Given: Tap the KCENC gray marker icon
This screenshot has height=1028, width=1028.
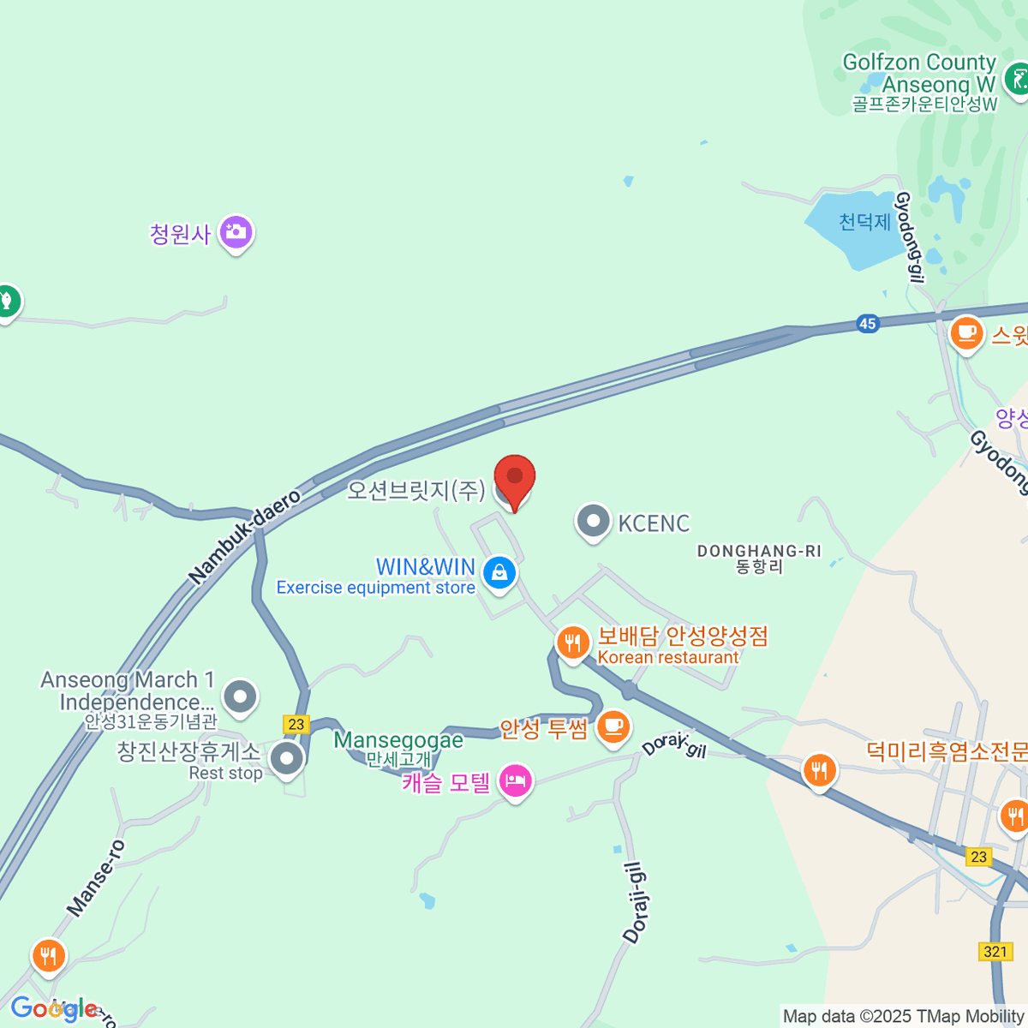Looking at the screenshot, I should (x=593, y=521).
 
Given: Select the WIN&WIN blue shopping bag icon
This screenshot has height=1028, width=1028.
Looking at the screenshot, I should (x=499, y=571).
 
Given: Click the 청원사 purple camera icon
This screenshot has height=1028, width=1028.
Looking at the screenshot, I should (x=236, y=231).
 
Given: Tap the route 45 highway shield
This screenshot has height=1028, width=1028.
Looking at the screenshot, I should (x=868, y=324).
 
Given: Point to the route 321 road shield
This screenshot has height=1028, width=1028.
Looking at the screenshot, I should (x=995, y=952).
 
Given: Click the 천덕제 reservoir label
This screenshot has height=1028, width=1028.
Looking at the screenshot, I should (x=864, y=222).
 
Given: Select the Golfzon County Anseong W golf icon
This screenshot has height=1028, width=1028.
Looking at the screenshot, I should (x=1017, y=80).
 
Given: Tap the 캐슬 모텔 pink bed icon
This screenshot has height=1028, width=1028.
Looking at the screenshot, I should (x=515, y=780).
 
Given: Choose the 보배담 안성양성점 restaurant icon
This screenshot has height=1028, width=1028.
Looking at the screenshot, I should (x=572, y=642).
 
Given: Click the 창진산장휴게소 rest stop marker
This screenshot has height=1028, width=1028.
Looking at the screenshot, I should (x=286, y=758).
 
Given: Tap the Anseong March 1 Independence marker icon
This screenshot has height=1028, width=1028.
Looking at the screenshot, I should (x=240, y=696).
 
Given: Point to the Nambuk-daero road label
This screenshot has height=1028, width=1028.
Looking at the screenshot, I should (x=245, y=537).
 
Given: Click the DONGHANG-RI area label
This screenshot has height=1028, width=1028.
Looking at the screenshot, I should (x=759, y=551).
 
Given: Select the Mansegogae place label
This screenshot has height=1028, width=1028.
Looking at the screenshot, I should (x=398, y=740).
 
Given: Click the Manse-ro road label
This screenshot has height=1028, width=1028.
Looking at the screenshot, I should (x=96, y=878).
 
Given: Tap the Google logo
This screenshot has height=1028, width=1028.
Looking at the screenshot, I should (x=53, y=1009).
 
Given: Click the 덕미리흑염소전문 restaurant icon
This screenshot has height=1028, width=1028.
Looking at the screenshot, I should (x=820, y=769).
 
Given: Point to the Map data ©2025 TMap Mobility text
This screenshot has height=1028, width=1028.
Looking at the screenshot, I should (x=904, y=1017).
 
